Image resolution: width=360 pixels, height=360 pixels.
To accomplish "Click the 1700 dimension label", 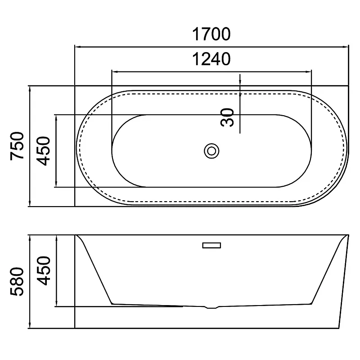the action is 211,34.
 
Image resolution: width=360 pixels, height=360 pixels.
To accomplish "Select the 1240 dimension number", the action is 211,59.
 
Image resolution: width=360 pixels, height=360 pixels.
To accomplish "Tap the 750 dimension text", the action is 17,146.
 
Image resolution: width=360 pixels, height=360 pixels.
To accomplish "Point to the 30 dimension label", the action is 227,117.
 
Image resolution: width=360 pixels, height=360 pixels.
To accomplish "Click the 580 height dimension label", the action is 17,282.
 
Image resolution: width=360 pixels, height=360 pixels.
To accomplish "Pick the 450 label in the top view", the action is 43,151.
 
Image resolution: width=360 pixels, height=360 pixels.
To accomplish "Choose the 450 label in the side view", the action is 43,271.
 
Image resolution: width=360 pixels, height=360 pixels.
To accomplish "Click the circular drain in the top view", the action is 211,151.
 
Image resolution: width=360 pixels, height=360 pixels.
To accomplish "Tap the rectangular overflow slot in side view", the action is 211,245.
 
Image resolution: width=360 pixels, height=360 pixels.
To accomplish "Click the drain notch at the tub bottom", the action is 211,307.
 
